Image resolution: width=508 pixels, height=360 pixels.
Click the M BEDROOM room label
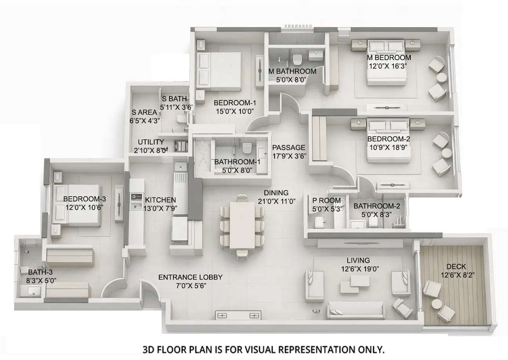click(x=389, y=58)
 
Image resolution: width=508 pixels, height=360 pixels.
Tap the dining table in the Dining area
click(x=242, y=225)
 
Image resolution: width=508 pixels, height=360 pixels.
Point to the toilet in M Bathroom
click(x=297, y=59)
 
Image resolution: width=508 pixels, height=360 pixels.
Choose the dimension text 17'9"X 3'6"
click(x=289, y=156)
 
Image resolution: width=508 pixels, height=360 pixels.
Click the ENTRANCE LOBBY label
click(x=190, y=277)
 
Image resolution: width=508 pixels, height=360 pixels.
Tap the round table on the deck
click(x=437, y=304)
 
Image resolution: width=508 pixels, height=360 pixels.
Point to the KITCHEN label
click(x=160, y=200)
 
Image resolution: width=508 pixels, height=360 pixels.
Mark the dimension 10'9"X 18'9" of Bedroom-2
click(x=389, y=147)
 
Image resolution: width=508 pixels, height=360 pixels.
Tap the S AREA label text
click(x=144, y=112)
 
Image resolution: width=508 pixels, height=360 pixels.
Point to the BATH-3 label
click(x=38, y=272)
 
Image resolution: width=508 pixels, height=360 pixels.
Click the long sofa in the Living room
click(x=356, y=310)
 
